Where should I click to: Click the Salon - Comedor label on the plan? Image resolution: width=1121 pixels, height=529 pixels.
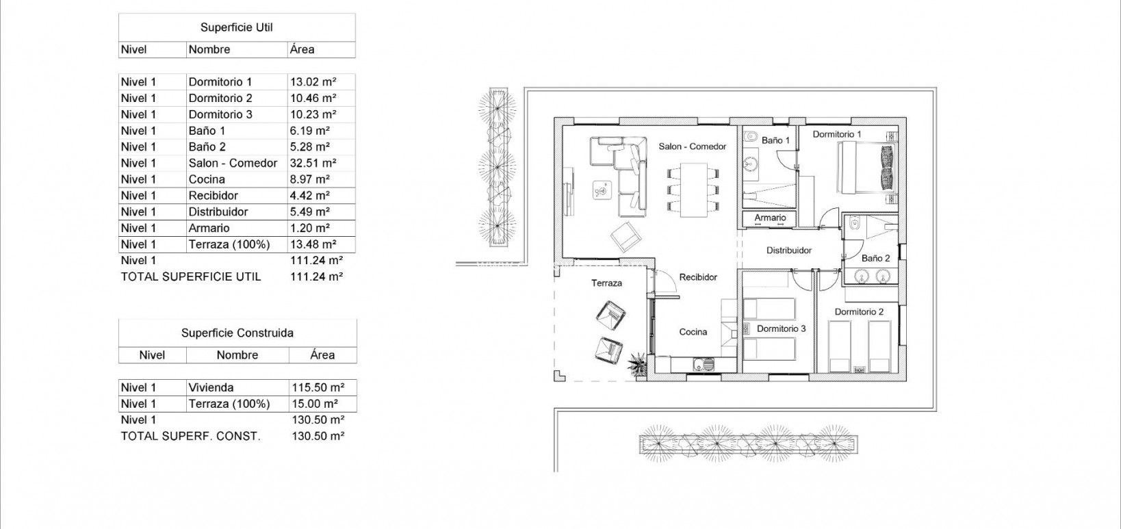pyautogui.click(x=692, y=146)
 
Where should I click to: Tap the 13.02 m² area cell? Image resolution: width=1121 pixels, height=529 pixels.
pyautogui.click(x=313, y=82)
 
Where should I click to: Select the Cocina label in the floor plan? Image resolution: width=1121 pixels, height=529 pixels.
pyautogui.click(x=693, y=332)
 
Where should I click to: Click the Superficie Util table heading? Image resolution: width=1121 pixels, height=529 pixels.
pyautogui.click(x=236, y=27)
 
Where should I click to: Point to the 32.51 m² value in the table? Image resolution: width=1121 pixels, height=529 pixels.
pyautogui.click(x=313, y=163)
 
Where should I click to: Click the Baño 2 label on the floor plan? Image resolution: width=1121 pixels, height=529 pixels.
pyautogui.click(x=875, y=259)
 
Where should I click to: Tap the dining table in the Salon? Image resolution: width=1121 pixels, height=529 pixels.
pyautogui.click(x=693, y=190)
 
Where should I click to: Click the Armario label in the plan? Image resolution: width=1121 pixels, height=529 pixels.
pyautogui.click(x=770, y=218)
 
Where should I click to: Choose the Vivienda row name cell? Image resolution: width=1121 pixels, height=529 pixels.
pyautogui.click(x=211, y=387)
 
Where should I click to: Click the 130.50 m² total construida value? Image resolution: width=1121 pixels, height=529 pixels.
pyautogui.click(x=318, y=436)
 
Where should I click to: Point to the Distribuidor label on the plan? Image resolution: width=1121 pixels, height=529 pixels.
pyautogui.click(x=788, y=250)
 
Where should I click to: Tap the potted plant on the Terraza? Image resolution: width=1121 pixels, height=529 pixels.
pyautogui.click(x=638, y=363)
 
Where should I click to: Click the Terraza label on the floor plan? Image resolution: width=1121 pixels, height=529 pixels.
pyautogui.click(x=606, y=283)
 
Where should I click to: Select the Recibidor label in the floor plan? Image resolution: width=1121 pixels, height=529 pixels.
pyautogui.click(x=698, y=277)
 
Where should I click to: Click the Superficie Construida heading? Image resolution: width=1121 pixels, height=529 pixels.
pyautogui.click(x=237, y=333)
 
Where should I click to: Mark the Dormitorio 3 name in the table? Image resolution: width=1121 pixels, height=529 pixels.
pyautogui.click(x=220, y=114)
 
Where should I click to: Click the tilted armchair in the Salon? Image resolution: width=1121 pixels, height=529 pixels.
pyautogui.click(x=626, y=237)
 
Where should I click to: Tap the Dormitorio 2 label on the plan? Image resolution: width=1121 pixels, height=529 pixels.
pyautogui.click(x=859, y=312)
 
